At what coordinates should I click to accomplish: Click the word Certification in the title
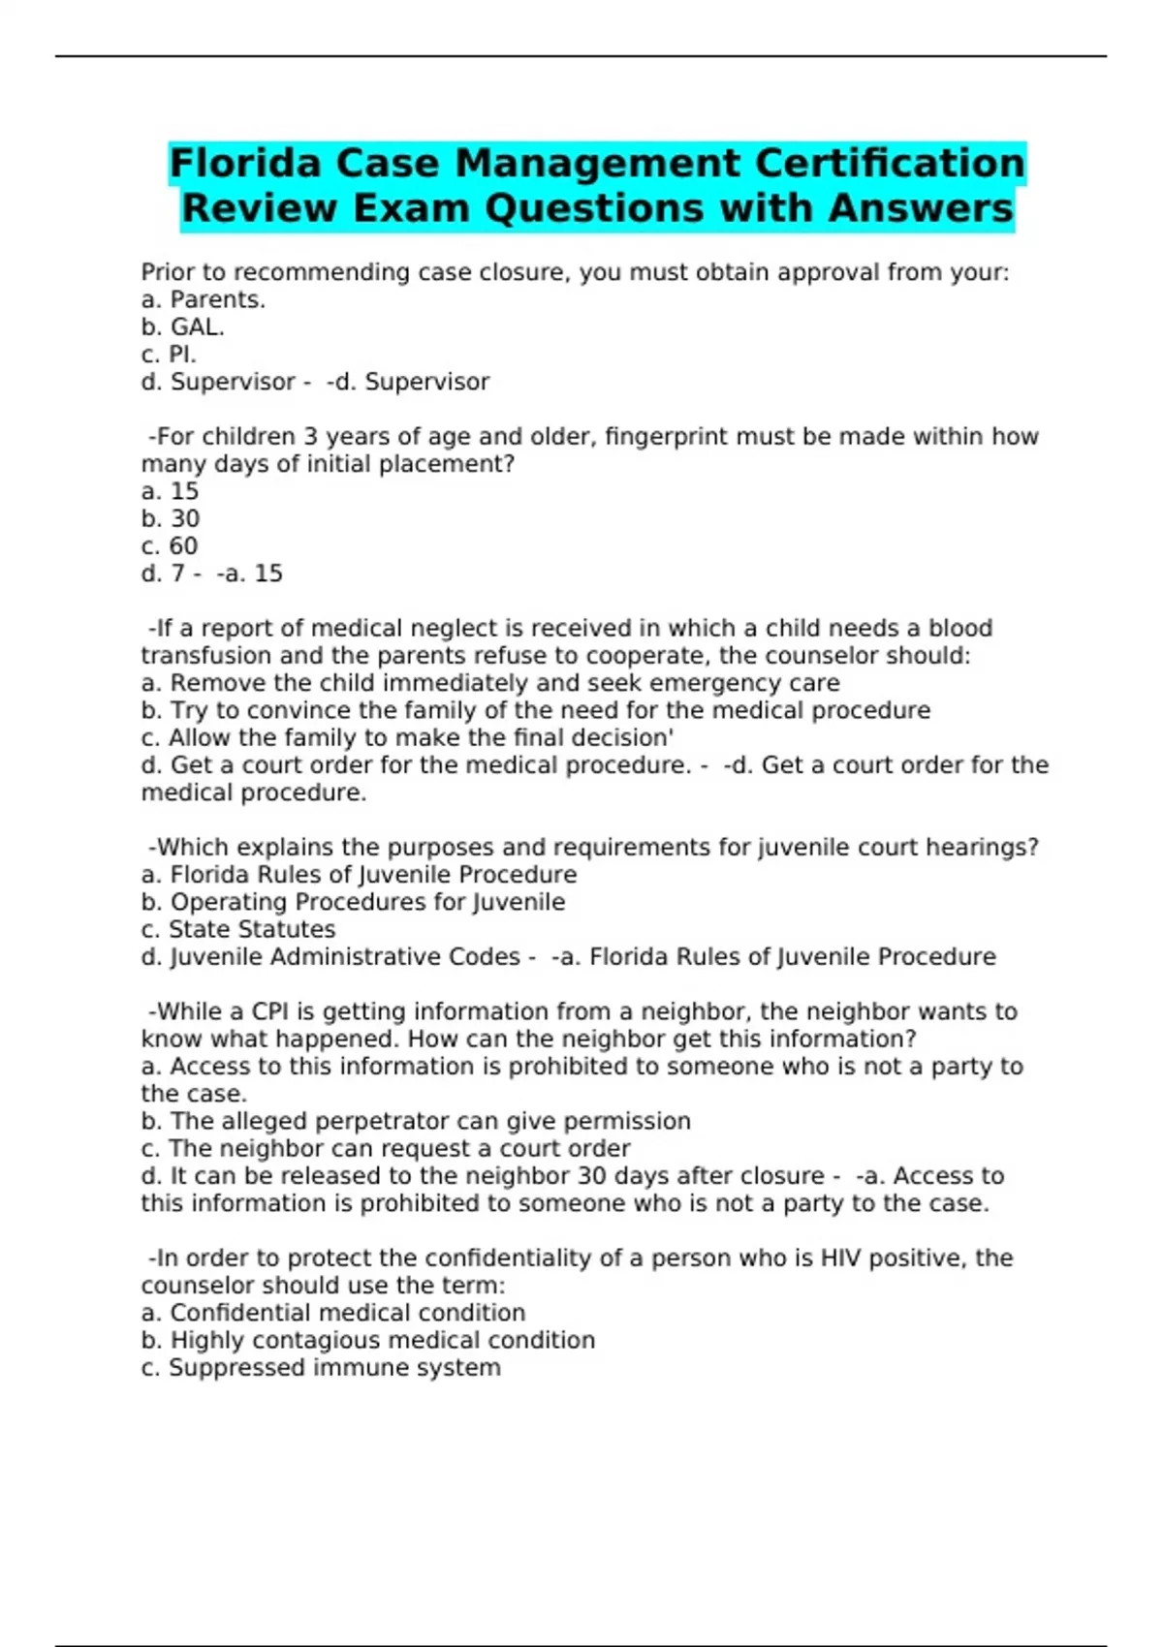coord(889,163)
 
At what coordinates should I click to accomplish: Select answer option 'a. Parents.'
coord(204,300)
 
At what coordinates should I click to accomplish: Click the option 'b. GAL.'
coord(183,327)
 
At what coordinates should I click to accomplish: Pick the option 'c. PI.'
coord(169,355)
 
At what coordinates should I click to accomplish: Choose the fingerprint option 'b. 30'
coord(171,519)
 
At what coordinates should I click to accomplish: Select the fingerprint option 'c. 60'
coord(170,546)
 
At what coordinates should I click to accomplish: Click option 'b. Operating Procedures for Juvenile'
coord(354,902)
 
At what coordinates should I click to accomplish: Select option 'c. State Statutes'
coord(238,930)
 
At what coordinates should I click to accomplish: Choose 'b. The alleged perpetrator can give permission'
coord(416,1122)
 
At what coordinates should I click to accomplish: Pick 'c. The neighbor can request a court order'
coord(386,1149)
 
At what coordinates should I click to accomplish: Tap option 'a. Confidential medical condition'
coord(333,1314)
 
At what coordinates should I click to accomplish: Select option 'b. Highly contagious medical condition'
coord(368,1341)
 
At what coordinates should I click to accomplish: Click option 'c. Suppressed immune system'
coord(321,1368)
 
